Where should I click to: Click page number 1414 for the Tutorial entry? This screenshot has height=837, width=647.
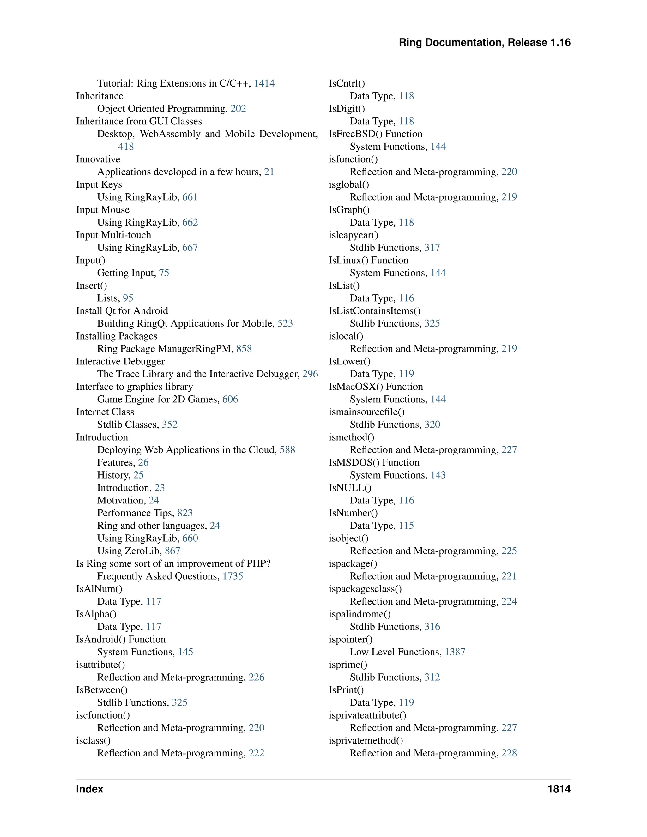click(x=264, y=84)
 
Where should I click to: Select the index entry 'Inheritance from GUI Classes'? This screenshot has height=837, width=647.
click(x=139, y=122)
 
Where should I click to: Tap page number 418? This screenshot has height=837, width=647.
click(x=126, y=147)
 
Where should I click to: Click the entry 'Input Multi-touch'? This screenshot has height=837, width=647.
click(x=113, y=235)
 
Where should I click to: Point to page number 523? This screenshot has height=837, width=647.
click(x=285, y=324)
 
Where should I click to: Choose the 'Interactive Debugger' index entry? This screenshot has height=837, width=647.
click(x=120, y=362)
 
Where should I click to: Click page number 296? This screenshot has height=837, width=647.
click(x=310, y=374)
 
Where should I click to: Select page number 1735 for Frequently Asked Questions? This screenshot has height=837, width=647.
click(x=233, y=576)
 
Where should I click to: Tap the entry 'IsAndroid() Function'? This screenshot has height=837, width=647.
click(x=121, y=640)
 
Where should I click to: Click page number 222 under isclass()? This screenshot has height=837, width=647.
click(x=257, y=753)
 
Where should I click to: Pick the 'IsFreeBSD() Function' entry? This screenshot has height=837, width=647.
click(x=375, y=134)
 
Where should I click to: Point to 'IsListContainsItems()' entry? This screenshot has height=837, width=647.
click(x=374, y=311)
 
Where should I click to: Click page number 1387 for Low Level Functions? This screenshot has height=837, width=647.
click(x=455, y=652)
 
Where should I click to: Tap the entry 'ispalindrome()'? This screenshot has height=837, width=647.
click(x=360, y=614)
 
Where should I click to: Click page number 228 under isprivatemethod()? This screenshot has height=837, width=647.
click(x=509, y=753)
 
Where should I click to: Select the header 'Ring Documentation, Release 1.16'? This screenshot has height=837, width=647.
click(x=485, y=43)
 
